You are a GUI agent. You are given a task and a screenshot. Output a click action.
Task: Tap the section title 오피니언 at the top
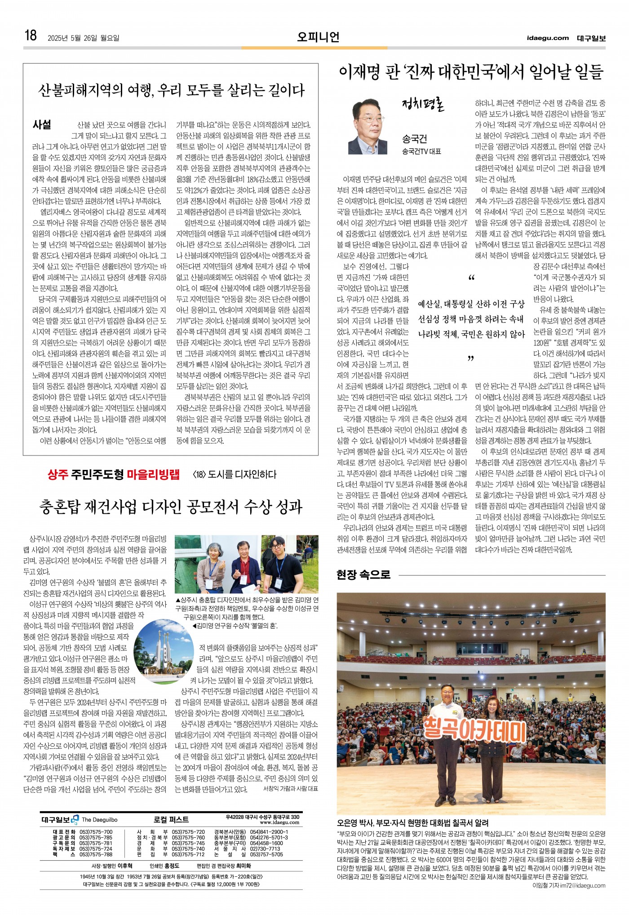coord(318,37)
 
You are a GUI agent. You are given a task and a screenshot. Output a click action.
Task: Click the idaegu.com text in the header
coord(548,38)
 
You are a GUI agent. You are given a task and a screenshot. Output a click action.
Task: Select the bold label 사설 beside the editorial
coord(42,125)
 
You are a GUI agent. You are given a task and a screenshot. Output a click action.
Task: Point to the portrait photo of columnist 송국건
coord(368,127)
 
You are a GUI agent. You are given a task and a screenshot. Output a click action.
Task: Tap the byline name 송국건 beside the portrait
coord(414,139)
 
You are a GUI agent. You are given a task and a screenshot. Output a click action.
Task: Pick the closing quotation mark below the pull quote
coord(471,359)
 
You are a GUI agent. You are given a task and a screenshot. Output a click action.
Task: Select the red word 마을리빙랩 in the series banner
coord(153,474)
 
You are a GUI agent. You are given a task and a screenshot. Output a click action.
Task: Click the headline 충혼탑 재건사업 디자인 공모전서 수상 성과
coord(171,507)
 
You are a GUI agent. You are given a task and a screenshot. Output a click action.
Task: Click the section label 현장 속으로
coord(363,575)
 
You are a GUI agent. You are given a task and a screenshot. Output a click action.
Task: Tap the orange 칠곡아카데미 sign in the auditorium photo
coord(475,729)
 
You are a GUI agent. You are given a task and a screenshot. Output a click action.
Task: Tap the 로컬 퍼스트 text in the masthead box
coord(171,819)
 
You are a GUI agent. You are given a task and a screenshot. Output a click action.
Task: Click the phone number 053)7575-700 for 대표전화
coord(96,832)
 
